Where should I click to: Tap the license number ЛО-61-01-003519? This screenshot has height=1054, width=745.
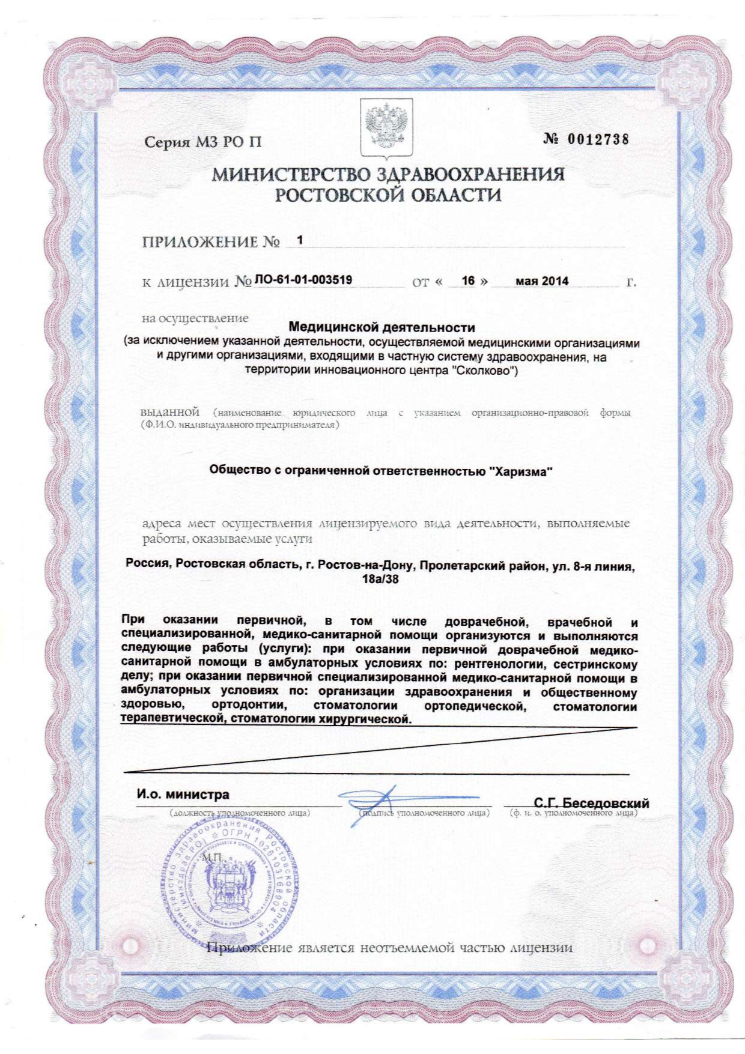tap(303, 280)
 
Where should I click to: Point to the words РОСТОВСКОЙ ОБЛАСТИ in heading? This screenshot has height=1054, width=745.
tap(388, 196)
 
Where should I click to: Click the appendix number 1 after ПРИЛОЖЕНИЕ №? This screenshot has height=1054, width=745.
tap(300, 240)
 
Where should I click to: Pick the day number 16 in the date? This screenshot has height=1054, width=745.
tap(468, 280)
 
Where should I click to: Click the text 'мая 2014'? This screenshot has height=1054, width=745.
tap(542, 281)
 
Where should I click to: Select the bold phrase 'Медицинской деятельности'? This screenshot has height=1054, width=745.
tap(382, 328)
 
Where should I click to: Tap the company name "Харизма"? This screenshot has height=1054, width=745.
tap(521, 471)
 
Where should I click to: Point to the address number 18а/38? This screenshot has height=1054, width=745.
tap(380, 580)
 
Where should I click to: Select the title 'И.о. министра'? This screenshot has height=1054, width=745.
tap(183, 795)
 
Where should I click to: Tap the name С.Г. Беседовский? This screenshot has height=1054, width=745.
tap(591, 803)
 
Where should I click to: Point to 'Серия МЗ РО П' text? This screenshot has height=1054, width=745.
tap(203, 143)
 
